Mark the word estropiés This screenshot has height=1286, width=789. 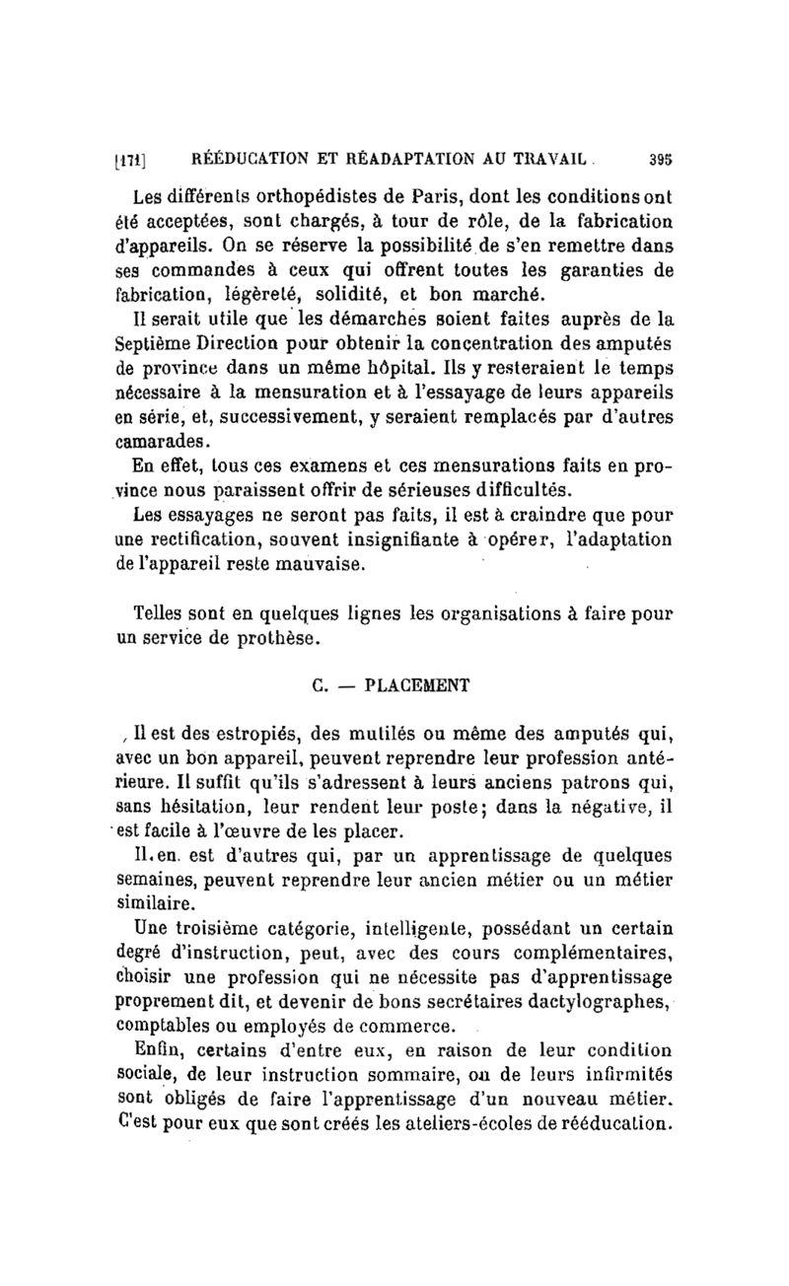pyautogui.click(x=248, y=733)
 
